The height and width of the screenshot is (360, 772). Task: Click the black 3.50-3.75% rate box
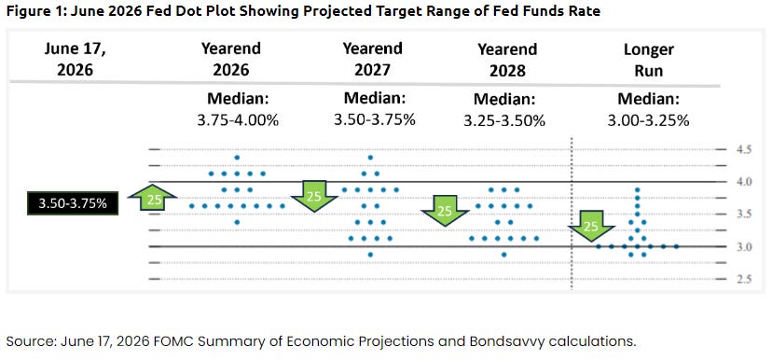72,203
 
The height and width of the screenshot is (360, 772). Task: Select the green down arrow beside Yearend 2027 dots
314,196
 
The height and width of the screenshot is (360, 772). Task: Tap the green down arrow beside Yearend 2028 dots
445,211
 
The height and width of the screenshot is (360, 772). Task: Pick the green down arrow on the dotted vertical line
591,226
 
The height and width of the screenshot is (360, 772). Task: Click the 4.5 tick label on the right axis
745,150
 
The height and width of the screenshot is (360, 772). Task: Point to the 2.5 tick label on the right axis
745,279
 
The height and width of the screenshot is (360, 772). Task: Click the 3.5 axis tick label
745,215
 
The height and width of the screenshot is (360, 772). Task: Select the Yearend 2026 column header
231,59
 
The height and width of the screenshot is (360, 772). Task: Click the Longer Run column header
648,60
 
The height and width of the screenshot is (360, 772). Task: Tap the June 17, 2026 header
75,59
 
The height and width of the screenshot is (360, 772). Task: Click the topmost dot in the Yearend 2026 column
237,158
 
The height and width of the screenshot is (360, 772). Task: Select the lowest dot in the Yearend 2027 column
370,255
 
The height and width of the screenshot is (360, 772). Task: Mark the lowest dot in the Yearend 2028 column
503,255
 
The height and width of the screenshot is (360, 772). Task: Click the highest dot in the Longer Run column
637,189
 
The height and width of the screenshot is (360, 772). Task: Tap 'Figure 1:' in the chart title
35,11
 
